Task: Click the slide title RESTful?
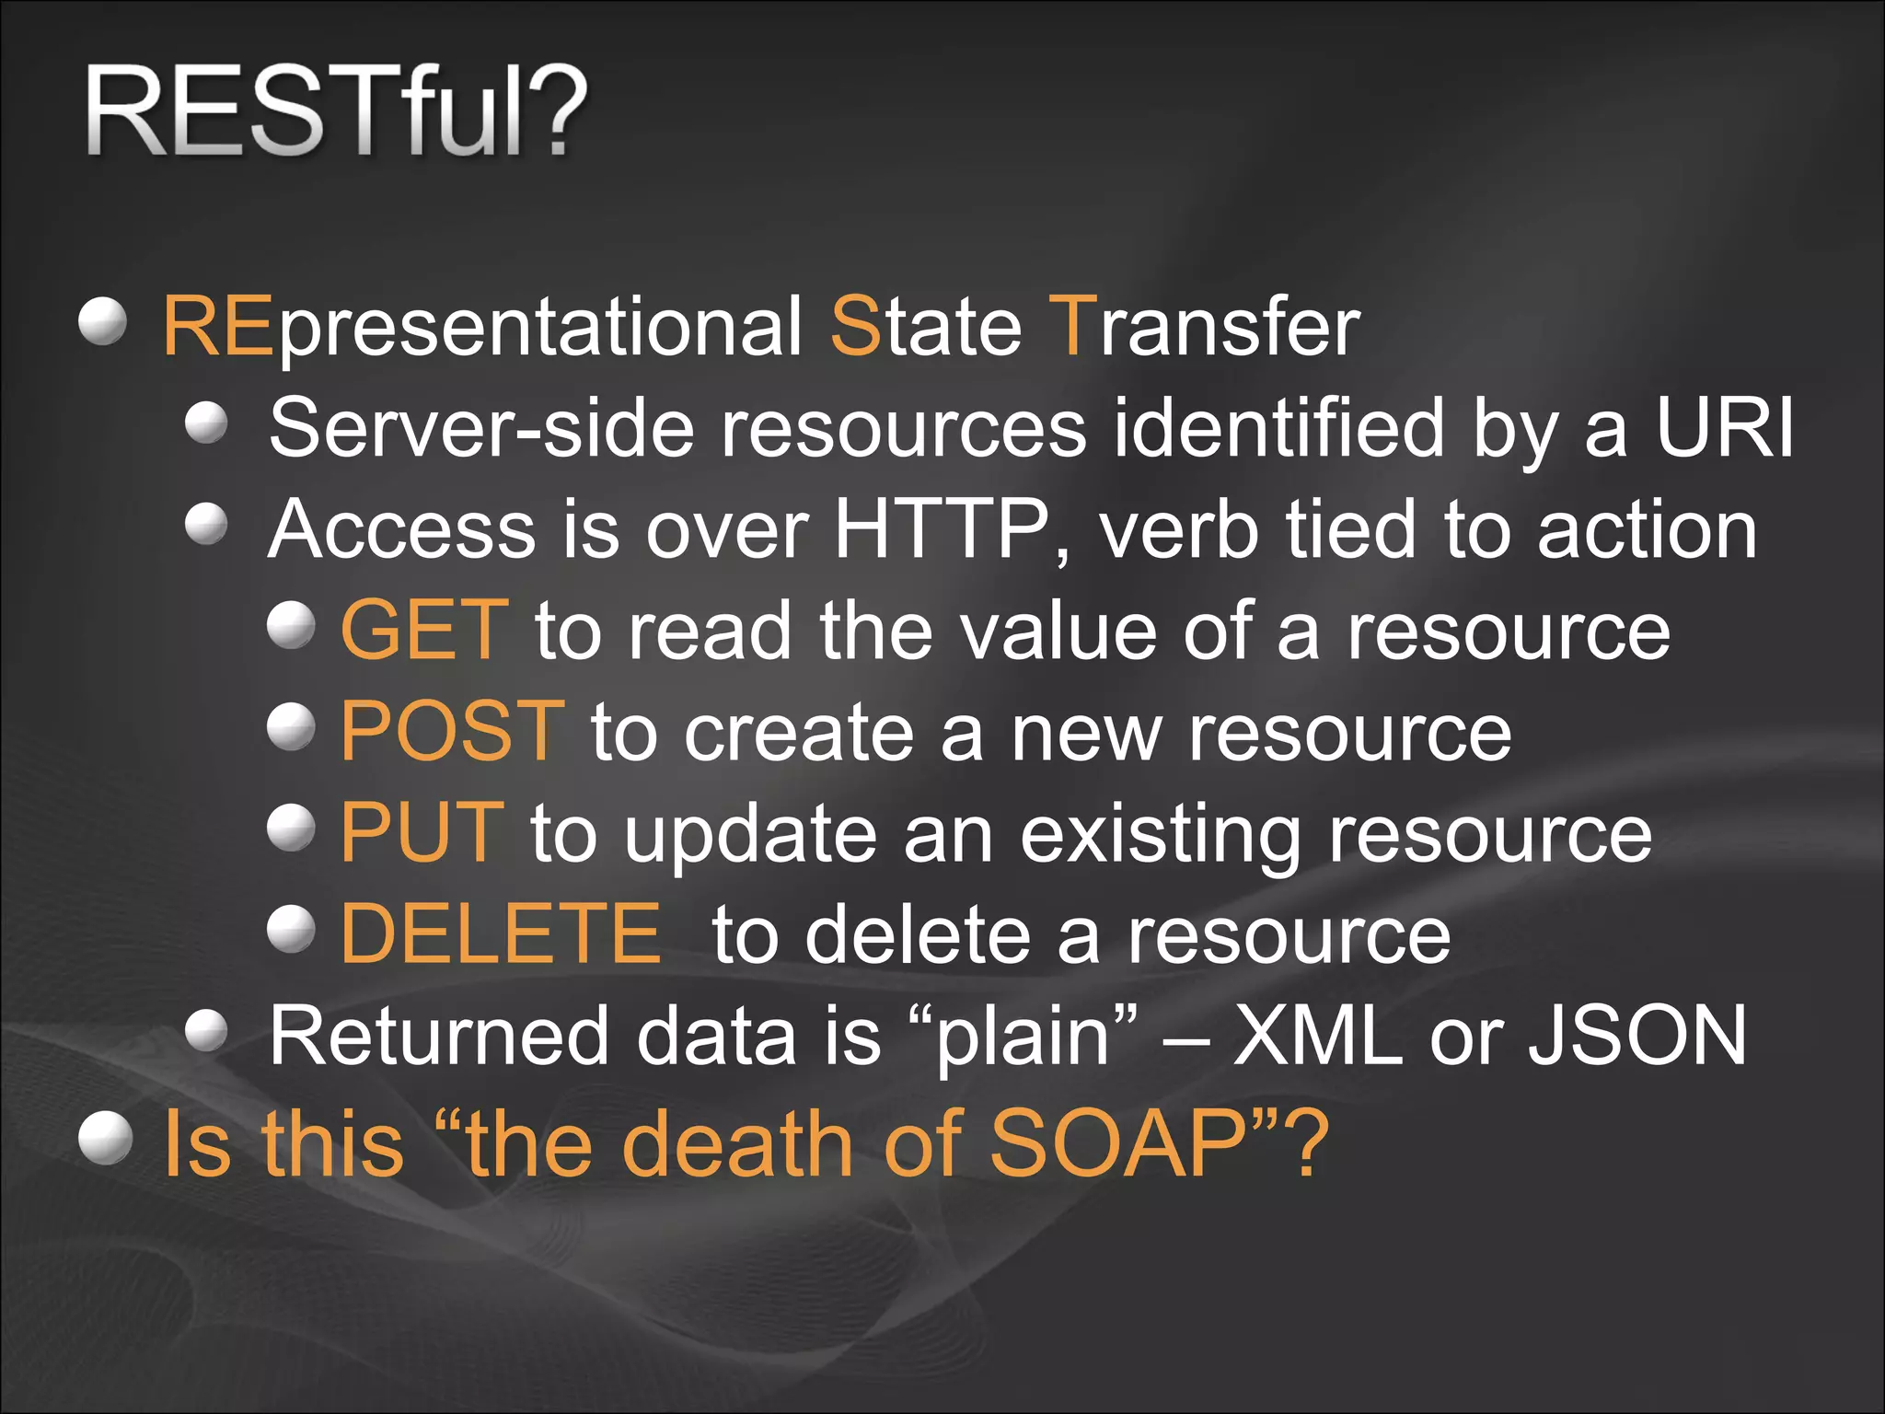[336, 112]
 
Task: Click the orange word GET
[424, 630]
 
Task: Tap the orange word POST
[451, 731]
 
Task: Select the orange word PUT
[422, 832]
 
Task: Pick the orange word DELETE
[501, 933]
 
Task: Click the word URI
[1724, 428]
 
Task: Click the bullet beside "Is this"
[105, 1138]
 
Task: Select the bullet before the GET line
[291, 625]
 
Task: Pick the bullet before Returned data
[206, 1031]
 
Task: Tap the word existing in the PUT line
[1161, 834]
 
